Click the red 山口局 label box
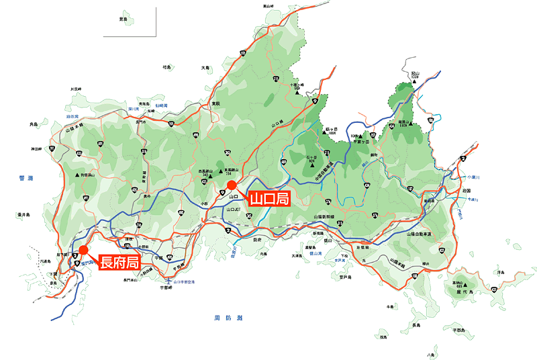[268, 199]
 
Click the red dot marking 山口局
[231, 185]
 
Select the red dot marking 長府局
[83, 250]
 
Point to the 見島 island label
[123, 19]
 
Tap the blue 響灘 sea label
[27, 178]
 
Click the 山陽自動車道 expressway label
[420, 234]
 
